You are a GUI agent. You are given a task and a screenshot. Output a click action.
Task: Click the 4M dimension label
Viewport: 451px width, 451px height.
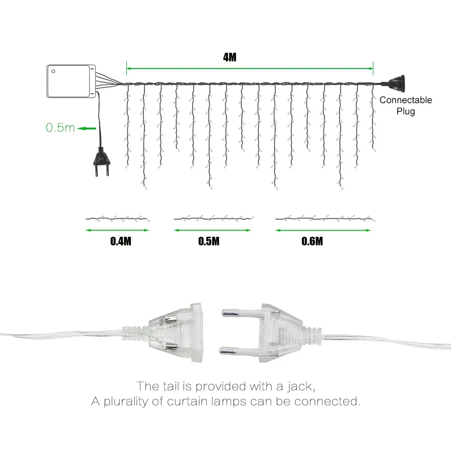[230, 57]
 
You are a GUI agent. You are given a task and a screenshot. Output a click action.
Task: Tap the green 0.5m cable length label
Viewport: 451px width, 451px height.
[60, 128]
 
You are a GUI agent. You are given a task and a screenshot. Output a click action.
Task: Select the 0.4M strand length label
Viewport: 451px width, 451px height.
[121, 241]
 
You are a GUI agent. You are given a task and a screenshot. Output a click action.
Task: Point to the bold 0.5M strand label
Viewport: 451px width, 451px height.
[209, 241]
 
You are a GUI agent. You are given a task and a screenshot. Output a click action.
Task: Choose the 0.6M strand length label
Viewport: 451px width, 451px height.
[312, 241]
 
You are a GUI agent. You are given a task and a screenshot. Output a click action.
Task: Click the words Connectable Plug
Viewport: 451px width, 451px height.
[405, 105]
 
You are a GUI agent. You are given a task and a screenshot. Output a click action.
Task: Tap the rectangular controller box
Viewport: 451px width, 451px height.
[71, 81]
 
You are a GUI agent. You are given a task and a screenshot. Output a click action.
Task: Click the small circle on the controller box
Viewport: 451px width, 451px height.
[53, 71]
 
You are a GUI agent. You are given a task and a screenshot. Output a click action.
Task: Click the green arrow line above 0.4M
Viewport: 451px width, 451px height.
[117, 230]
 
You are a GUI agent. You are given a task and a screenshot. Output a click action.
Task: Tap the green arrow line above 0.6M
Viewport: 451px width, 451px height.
[323, 230]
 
